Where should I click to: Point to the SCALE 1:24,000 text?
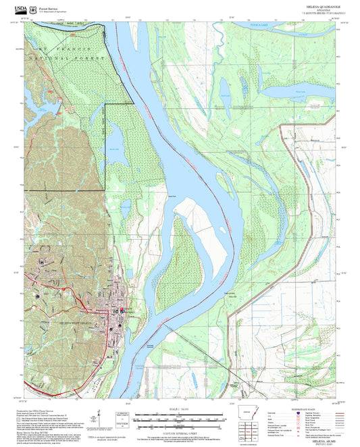(179, 409)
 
